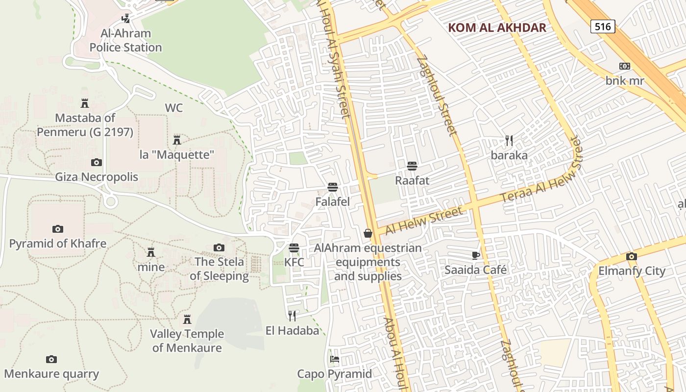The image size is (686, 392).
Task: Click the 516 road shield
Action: pyautogui.click(x=602, y=26)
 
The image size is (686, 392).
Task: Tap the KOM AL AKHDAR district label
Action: pyautogui.click(x=497, y=27)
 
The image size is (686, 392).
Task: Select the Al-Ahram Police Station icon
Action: pyautogui.click(x=126, y=19)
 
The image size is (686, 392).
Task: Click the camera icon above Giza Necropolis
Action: pyautogui.click(x=97, y=162)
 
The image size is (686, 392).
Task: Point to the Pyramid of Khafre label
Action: pyautogui.click(x=58, y=244)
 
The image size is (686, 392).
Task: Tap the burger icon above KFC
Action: pyautogui.click(x=294, y=248)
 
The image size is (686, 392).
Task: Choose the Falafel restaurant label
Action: pyautogui.click(x=332, y=202)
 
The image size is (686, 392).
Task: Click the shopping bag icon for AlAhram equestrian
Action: pyautogui.click(x=368, y=233)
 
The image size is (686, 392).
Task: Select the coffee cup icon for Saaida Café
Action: pyautogui.click(x=475, y=255)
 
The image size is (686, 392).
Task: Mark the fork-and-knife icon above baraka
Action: pyautogui.click(x=509, y=141)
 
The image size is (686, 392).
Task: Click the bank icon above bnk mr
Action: pyautogui.click(x=624, y=66)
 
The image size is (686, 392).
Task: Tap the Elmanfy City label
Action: pyautogui.click(x=632, y=271)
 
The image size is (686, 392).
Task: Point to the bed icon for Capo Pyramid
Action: pyautogui.click(x=335, y=359)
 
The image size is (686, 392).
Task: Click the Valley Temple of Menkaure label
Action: pyautogui.click(x=187, y=341)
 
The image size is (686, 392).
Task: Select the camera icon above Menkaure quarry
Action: pyautogui.click(x=51, y=360)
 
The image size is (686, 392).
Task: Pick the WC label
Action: pyautogui.click(x=174, y=108)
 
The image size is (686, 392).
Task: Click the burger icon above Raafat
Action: pyautogui.click(x=412, y=166)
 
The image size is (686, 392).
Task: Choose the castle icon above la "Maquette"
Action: pyautogui.click(x=177, y=140)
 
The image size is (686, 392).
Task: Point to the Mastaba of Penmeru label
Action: pyautogui.click(x=85, y=125)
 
